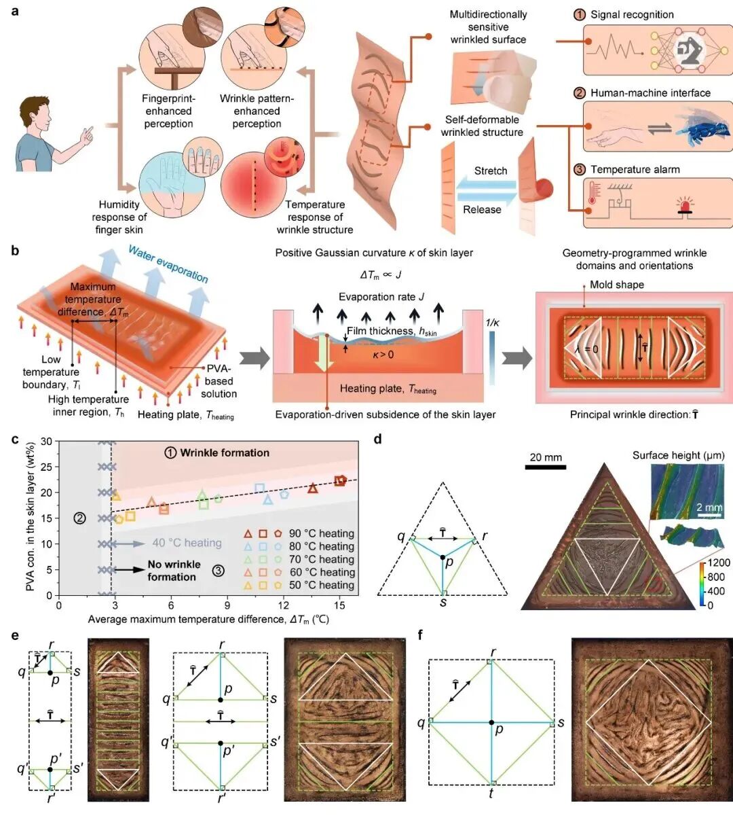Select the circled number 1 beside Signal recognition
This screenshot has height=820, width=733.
pos(580,15)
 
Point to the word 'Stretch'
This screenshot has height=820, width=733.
pos(490,171)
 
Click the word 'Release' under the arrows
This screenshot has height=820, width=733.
pos(482,209)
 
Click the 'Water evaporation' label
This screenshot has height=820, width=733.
pos(168,264)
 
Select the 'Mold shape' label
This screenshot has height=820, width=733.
pos(616,285)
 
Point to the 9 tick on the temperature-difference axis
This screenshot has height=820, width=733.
pos(227,605)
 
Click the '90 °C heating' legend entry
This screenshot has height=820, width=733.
pos(321,534)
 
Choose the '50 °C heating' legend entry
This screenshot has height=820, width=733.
pos(321,585)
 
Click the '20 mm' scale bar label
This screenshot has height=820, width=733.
pos(546,457)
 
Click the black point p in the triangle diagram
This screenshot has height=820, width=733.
pos(443,557)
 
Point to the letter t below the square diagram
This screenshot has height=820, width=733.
pos(491,793)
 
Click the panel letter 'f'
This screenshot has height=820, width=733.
pos(421,636)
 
